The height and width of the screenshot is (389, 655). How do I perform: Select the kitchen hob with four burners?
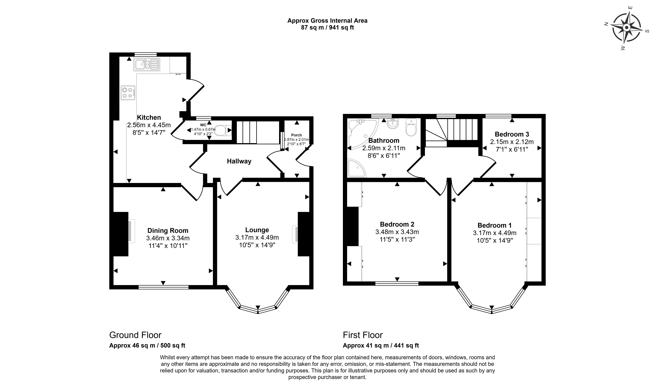click(128, 93)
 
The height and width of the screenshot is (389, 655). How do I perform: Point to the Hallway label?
click(239, 161)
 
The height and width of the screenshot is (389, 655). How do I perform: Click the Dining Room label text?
click(168, 230)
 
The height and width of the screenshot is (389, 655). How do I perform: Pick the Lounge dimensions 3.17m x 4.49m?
click(257, 237)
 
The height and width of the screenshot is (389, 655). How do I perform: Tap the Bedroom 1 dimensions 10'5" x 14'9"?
click(495, 240)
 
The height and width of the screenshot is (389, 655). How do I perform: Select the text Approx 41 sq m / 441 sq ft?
click(381, 346)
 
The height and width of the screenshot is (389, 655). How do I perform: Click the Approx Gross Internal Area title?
click(327, 21)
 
